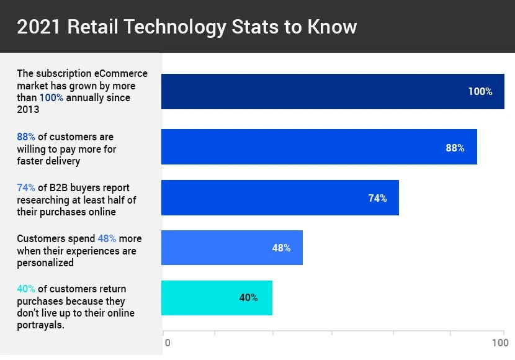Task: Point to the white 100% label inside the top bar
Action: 480,91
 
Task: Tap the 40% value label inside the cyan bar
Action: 248,297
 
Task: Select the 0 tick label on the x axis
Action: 167,343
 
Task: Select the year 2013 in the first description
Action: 28,110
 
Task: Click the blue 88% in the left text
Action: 26,137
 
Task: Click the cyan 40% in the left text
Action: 26,289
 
